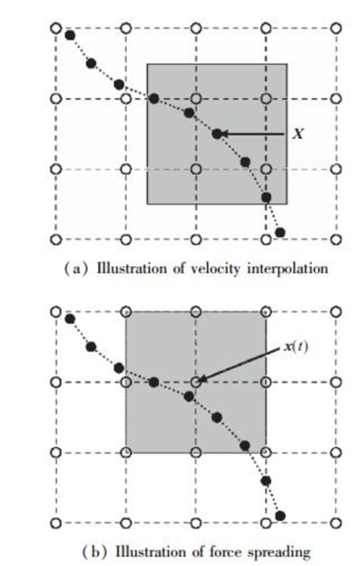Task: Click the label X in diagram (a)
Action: point(297,134)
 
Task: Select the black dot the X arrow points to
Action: point(217,134)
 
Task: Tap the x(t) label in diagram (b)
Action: point(296,348)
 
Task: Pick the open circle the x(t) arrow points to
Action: point(196,382)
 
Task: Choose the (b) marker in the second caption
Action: point(93,553)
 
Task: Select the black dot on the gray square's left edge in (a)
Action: point(153,98)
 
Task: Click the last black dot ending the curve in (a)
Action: point(280,233)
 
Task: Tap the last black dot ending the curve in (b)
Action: point(280,516)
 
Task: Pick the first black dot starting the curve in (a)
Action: point(70,35)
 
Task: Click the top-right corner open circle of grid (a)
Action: point(336,28)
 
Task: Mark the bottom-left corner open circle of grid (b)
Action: point(57,523)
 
